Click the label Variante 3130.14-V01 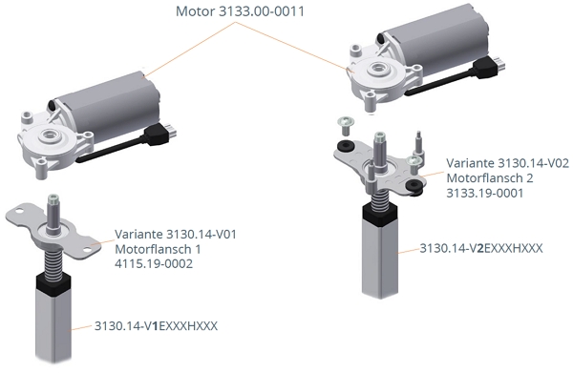pos(175,234)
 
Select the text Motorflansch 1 pos(154,249)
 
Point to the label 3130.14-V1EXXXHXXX pos(156,325)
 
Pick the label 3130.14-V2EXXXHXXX pos(480,248)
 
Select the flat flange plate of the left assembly pos(57,229)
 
